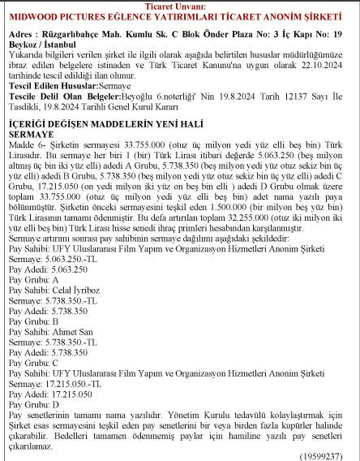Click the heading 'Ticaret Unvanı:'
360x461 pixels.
pos(179,6)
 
